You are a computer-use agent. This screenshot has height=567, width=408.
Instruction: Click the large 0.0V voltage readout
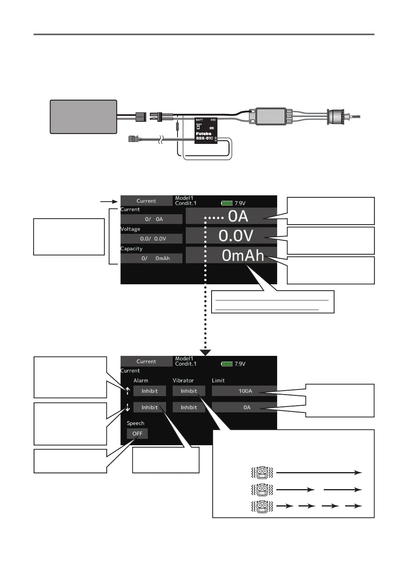tap(236, 236)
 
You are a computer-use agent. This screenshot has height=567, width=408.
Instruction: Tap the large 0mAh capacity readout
tap(242, 256)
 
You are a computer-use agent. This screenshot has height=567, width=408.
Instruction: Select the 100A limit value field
tap(245, 391)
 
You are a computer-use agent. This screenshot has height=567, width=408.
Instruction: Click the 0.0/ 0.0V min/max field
tap(152, 239)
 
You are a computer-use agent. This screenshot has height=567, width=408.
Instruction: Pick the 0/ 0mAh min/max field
tap(152, 258)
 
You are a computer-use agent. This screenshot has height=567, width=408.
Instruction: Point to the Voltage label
tap(130, 229)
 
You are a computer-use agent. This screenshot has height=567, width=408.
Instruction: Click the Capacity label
tap(131, 249)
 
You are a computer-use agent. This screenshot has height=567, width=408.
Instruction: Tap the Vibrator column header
tap(183, 380)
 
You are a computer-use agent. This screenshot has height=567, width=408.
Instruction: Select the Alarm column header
tap(141, 380)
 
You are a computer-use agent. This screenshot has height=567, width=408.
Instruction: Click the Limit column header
tap(218, 380)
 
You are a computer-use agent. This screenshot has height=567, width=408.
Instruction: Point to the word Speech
tap(135, 423)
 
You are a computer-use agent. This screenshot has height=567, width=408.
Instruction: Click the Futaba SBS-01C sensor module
tap(206, 130)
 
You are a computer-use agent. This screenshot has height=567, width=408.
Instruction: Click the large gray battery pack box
tap(83, 117)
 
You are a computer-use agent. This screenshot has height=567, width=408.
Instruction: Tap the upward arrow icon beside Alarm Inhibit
tap(128, 391)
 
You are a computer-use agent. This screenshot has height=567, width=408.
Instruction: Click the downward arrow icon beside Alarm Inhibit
tap(128, 407)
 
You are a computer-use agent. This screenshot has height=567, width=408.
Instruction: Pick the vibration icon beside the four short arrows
tap(262, 506)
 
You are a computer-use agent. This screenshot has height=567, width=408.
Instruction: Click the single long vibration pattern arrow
tap(319, 472)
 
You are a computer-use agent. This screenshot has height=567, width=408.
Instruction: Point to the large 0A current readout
tap(238, 217)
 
